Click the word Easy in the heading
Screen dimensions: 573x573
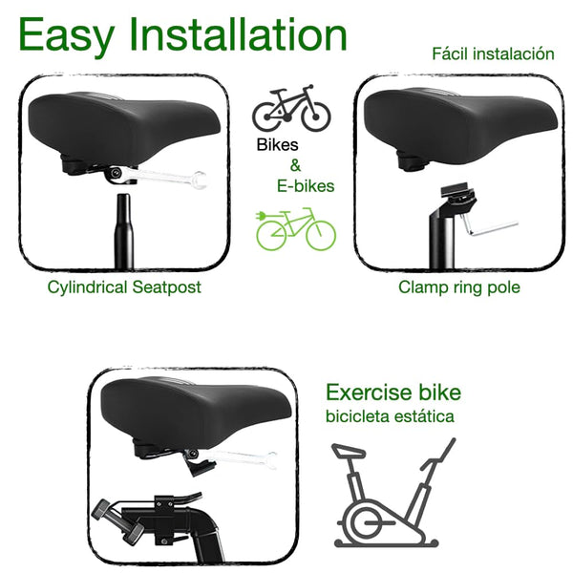(67, 35)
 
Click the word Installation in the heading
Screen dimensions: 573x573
(238, 35)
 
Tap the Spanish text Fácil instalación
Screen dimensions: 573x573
(493, 53)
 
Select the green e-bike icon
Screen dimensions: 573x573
(296, 229)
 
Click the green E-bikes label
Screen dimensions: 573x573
(305, 186)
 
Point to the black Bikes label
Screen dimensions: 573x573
(278, 146)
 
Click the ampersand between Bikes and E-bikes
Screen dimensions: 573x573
(295, 165)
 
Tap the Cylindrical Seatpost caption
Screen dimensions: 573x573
(124, 286)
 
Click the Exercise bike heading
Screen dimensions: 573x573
(393, 393)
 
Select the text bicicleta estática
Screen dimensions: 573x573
(390, 416)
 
